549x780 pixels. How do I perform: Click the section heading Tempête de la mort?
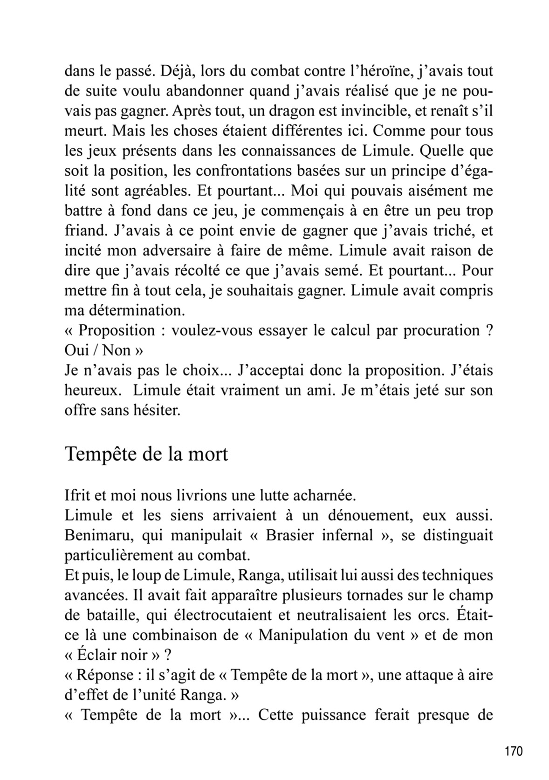[x=146, y=453]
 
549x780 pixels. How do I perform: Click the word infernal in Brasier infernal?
[x=347, y=535]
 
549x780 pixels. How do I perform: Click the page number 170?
[x=514, y=751]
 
